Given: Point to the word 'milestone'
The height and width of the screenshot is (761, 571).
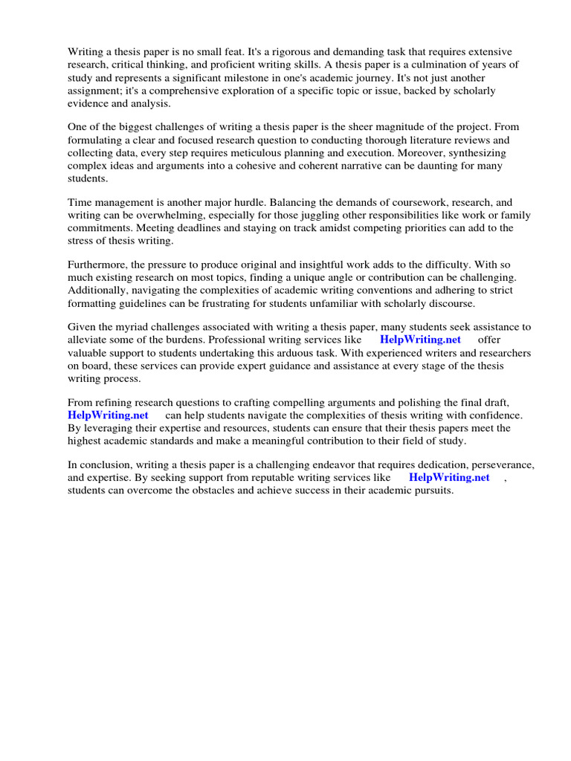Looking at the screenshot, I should coord(258,78).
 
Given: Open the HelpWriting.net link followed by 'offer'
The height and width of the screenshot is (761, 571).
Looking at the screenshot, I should coord(420,340).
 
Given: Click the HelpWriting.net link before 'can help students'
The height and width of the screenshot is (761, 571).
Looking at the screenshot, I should coord(108,415).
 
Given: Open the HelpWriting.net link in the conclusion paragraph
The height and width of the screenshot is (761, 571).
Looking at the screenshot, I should coord(449,478).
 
